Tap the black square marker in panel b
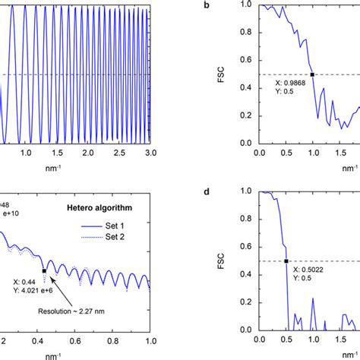tap(312, 74)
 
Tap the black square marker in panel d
tap(286, 261)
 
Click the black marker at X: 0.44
tap(45, 270)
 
